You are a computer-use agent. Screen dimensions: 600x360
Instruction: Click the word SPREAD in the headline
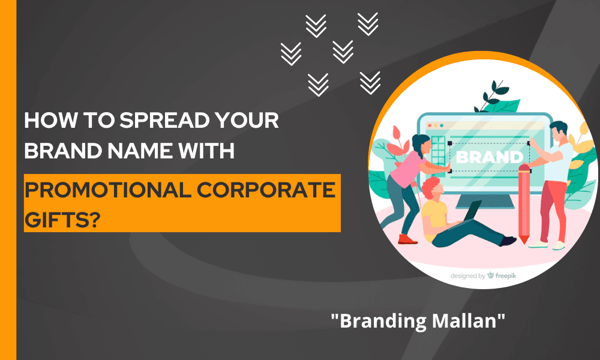click(164, 120)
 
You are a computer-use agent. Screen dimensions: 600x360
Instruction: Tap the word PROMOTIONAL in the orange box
click(108, 190)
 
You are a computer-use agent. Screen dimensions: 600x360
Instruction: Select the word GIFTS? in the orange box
click(63, 220)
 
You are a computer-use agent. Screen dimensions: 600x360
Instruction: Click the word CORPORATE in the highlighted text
click(266, 190)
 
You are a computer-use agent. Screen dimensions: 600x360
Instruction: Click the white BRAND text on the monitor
click(490, 157)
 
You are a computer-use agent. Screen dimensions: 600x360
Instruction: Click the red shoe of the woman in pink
click(407, 239)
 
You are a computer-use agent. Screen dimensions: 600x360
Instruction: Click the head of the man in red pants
click(559, 131)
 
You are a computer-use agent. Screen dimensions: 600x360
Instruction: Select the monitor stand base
click(482, 202)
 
